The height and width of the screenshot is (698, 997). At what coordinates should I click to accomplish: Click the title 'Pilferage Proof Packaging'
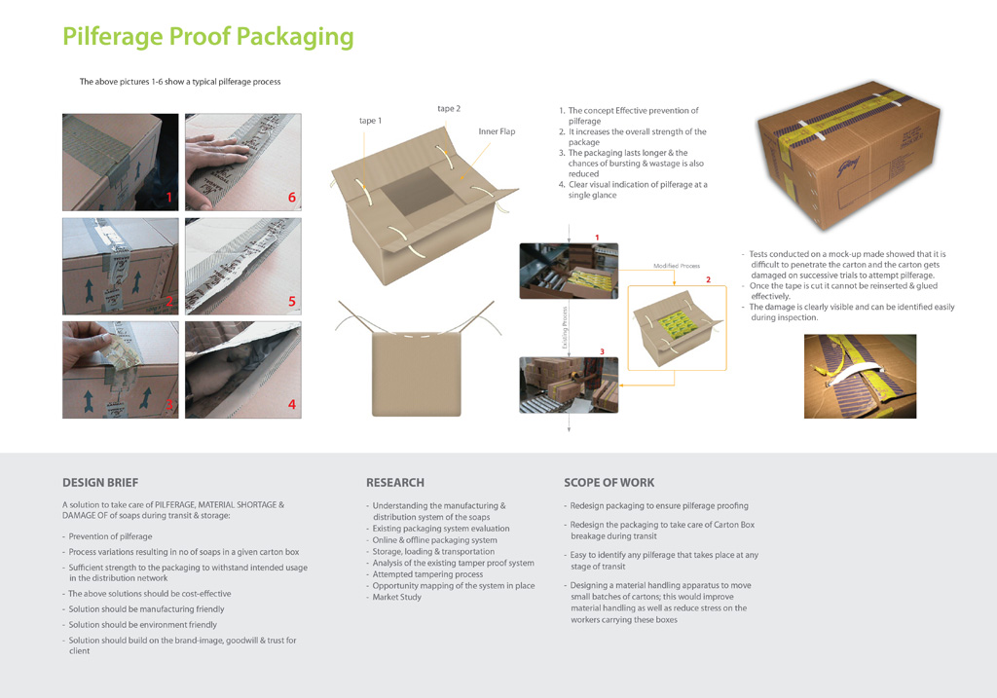(x=207, y=37)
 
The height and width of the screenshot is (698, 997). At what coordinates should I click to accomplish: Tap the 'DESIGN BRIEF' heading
(x=100, y=483)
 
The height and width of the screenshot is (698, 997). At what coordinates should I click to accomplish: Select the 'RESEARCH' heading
(x=394, y=483)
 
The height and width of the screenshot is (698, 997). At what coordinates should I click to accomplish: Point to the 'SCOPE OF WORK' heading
(x=609, y=483)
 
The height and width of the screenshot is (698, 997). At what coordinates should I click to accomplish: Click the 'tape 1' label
(x=370, y=121)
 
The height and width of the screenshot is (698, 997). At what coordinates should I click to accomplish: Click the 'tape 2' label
(x=449, y=109)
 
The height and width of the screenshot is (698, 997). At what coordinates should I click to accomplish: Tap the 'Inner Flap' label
(x=497, y=131)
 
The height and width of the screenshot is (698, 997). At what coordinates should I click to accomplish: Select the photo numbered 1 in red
(x=121, y=163)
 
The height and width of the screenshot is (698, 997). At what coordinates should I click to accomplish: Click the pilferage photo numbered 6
(x=242, y=163)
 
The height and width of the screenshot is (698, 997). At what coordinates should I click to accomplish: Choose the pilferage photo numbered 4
(x=242, y=370)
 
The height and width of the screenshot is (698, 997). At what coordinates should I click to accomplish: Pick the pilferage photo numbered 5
(x=242, y=266)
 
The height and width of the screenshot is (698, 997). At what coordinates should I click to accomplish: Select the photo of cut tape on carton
(x=860, y=376)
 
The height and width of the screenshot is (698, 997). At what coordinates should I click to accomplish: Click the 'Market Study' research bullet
(x=396, y=598)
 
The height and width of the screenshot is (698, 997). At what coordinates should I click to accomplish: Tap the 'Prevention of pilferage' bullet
(x=110, y=536)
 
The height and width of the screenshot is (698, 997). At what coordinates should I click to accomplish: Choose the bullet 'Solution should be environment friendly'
(x=142, y=625)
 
